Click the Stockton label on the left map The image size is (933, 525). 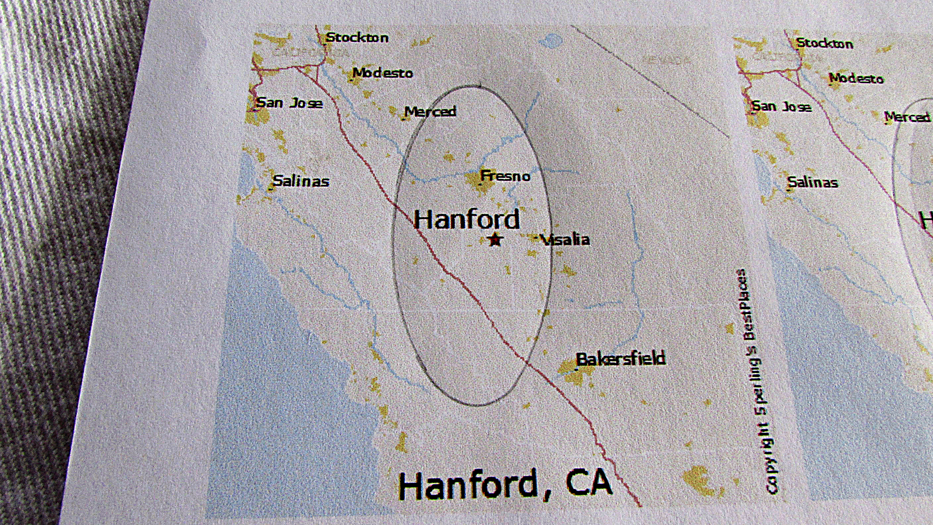(357, 37)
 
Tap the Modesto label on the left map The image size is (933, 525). (383, 73)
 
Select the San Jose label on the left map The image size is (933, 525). (289, 103)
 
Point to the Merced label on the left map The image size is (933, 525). (430, 112)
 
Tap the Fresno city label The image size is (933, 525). (505, 176)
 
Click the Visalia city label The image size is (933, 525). (565, 240)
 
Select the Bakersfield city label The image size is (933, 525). (621, 359)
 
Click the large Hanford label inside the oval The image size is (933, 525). (466, 219)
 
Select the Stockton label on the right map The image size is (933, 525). (824, 43)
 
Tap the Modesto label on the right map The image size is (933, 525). (856, 79)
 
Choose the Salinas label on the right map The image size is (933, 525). (813, 182)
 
